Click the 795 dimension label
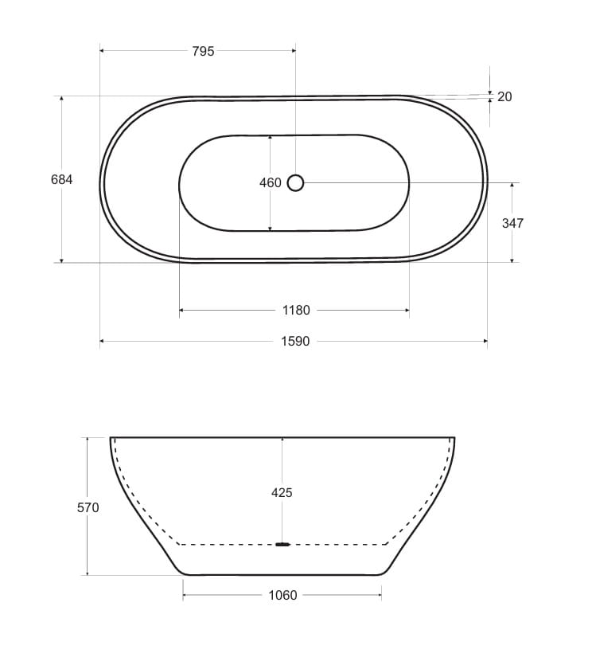click(203, 51)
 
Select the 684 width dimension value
click(61, 180)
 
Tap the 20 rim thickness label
click(504, 97)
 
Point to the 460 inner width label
click(271, 182)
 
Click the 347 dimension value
click(512, 223)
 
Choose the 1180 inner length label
click(296, 310)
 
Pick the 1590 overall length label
click(295, 342)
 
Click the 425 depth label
click(282, 493)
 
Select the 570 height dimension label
click(88, 507)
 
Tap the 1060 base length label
click(282, 595)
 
